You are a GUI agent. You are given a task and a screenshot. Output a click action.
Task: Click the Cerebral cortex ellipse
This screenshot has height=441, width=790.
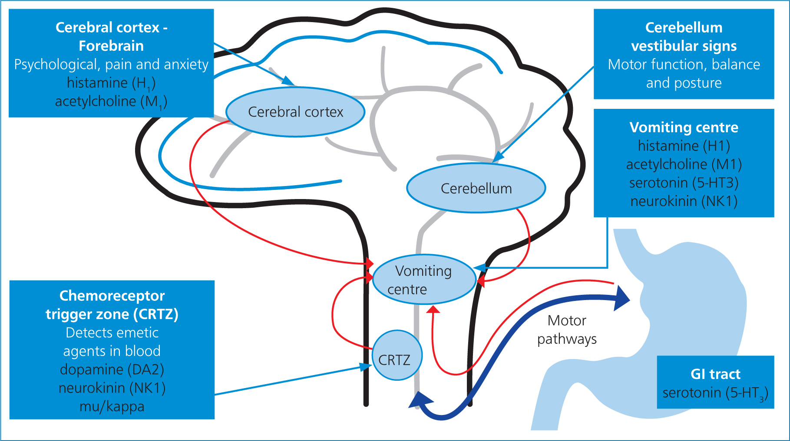coord(295,112)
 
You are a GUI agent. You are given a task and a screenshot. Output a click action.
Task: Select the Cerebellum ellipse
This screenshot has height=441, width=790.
coord(476,188)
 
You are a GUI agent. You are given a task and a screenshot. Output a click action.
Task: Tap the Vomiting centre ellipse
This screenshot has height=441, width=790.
coord(424,279)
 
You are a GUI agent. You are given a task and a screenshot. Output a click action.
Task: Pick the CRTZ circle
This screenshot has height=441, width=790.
coord(397,356)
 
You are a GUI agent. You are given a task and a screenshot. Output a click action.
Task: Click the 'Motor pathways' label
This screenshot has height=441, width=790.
coord(567,330)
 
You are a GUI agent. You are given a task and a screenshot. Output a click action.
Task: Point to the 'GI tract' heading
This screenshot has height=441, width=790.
coord(715,374)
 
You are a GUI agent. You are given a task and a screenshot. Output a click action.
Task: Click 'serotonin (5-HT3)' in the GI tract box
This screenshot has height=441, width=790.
coord(715,393)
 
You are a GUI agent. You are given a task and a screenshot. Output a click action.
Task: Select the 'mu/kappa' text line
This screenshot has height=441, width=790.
coord(112,406)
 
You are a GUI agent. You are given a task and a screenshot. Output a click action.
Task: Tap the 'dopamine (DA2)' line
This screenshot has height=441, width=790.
coord(112,369)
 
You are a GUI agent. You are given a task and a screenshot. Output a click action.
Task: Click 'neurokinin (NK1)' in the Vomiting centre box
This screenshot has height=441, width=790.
coord(684,201)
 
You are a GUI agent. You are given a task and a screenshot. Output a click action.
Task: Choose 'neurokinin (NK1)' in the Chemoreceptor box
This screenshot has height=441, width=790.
coord(112,388)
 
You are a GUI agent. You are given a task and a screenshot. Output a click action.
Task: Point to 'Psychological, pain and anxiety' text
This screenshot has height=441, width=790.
coord(111,65)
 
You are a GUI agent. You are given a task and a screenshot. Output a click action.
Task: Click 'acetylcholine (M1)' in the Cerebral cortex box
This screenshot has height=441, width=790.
coord(111,101)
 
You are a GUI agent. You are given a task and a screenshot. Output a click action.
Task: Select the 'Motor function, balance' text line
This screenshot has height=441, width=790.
coord(684,64)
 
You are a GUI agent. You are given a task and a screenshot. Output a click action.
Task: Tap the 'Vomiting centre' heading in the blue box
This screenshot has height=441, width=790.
coord(684,127)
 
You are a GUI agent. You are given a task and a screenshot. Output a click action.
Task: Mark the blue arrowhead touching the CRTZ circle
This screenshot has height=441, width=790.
coord(366,367)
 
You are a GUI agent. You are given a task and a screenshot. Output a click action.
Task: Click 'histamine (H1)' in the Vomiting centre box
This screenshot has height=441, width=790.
coord(684,146)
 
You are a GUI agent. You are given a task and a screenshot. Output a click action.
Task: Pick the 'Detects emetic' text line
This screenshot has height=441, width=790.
coord(112,333)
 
